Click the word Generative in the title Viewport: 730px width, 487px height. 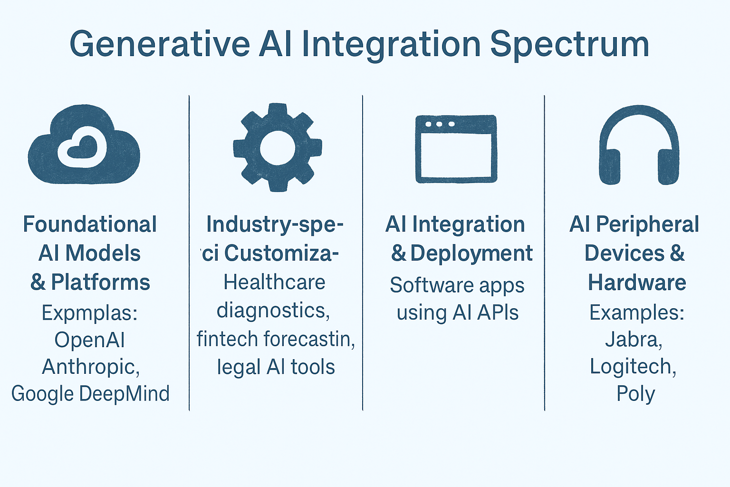click(x=160, y=44)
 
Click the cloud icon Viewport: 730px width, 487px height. click(x=84, y=145)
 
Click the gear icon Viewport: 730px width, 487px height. click(x=277, y=147)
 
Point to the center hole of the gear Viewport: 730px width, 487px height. click(x=277, y=148)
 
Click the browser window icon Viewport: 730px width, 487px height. click(x=456, y=148)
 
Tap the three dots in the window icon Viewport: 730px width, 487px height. click(x=440, y=124)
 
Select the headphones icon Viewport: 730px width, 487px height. click(x=639, y=145)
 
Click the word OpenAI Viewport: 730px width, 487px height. click(x=90, y=340)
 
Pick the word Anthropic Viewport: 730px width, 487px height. click(x=90, y=367)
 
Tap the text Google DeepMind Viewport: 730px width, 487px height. click(x=90, y=394)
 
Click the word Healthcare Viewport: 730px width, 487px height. click(x=274, y=282)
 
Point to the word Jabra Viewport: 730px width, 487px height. click(x=634, y=340)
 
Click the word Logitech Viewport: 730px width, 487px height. click(x=633, y=367)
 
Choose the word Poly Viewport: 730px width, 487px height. click(x=636, y=394)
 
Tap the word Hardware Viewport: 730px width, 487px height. click(x=637, y=282)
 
